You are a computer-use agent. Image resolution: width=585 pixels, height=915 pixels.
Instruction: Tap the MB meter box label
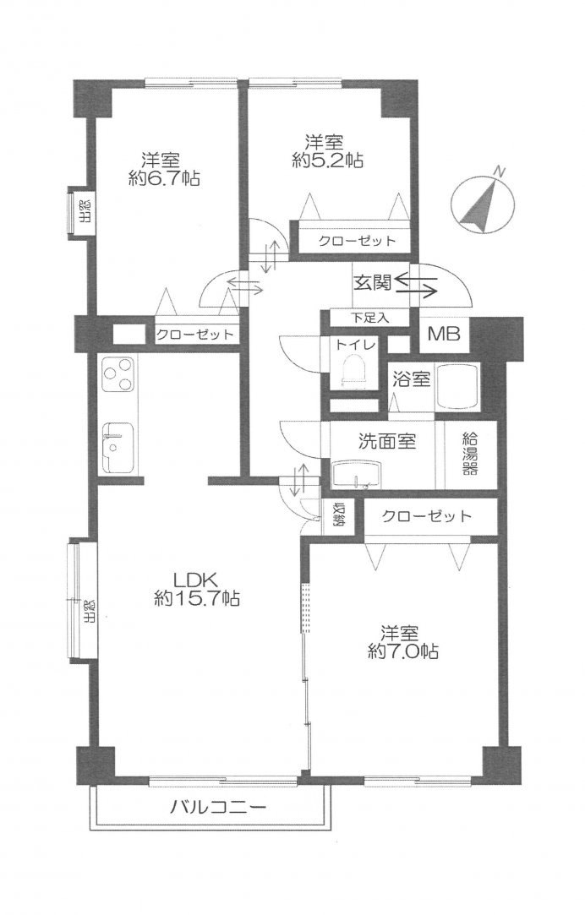[445, 335]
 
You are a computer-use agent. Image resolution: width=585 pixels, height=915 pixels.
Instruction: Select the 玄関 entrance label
[371, 282]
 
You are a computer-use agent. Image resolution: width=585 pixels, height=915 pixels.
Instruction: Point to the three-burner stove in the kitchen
[118, 374]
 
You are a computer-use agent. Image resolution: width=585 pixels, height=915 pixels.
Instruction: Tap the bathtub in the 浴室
[457, 386]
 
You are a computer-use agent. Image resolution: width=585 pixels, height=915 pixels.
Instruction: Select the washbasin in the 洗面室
[356, 475]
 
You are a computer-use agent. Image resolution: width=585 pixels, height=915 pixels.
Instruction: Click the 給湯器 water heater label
[469, 454]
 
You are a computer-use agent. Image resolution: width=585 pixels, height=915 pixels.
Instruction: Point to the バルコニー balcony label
[218, 808]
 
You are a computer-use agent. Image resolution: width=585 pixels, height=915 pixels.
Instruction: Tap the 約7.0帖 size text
[403, 651]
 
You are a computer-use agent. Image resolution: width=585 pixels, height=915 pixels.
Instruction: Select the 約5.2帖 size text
[327, 160]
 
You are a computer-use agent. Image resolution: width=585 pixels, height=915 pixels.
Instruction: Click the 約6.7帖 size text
[164, 177]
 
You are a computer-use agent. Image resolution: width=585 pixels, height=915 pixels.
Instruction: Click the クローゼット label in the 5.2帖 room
[357, 241]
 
